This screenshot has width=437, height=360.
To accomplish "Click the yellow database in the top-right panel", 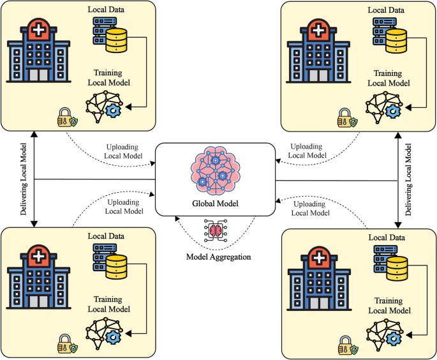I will coord(395,40).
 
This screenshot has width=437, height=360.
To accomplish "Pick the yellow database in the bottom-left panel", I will coord(116,267).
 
